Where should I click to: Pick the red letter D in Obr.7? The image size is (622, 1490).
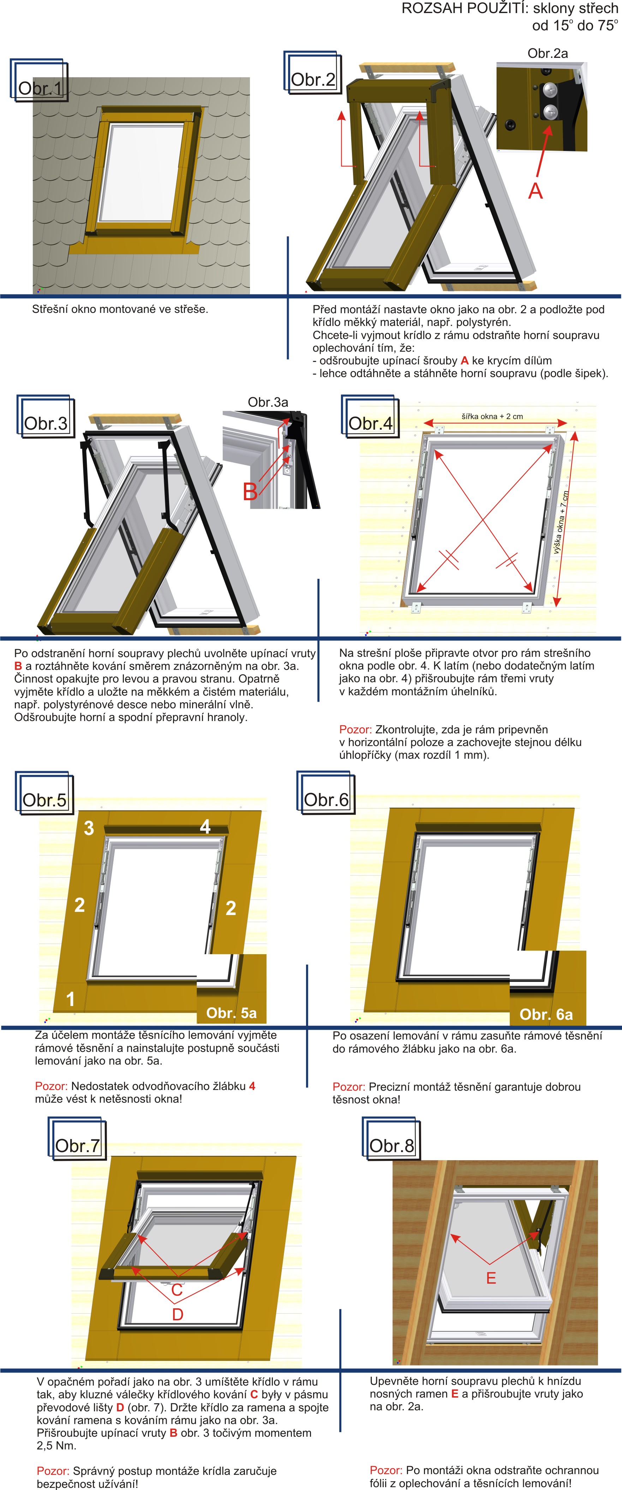[x=178, y=1314]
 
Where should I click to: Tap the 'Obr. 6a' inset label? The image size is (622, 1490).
[x=546, y=1014]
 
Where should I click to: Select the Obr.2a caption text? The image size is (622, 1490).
[x=548, y=53]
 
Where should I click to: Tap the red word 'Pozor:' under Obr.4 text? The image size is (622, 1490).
[x=355, y=729]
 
